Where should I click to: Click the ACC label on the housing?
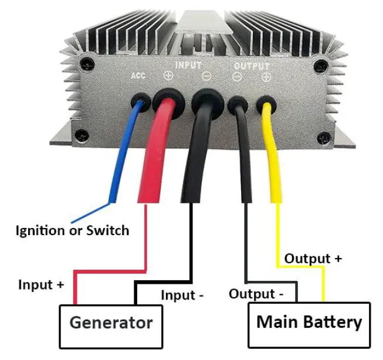(x=138, y=76)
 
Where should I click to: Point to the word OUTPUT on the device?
(x=252, y=66)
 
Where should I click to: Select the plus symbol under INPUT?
(x=168, y=76)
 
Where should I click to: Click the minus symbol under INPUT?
(x=206, y=77)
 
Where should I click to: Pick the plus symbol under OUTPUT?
(x=266, y=77)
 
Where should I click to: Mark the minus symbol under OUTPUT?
(x=238, y=77)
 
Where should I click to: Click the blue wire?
(x=126, y=152)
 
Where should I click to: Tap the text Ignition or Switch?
(x=72, y=230)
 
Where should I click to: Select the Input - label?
(x=182, y=295)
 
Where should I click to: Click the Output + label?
(x=313, y=259)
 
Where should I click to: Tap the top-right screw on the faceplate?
(x=319, y=65)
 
